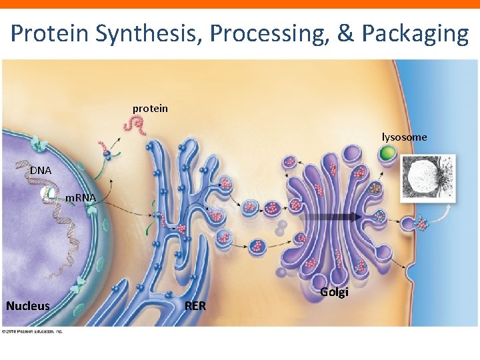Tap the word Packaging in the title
414,33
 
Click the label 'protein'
150,108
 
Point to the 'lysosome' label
404,137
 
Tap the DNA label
40,171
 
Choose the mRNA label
81,198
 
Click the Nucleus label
28,306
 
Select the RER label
195,306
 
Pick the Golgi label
334,291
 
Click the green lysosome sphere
387,154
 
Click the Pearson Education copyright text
32,331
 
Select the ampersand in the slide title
345,33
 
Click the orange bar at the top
240,4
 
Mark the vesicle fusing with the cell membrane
421,224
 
